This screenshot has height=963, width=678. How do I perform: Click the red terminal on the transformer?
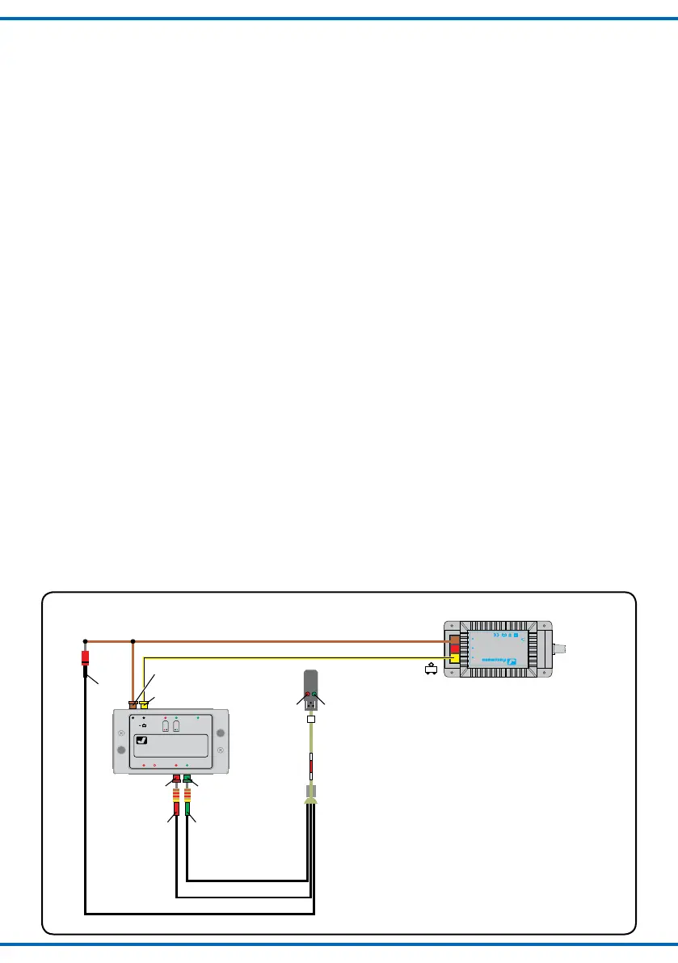[455, 649]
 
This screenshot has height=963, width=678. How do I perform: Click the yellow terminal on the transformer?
[455, 658]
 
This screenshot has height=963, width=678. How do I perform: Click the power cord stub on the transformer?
[566, 648]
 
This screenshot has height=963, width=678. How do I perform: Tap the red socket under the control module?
[176, 779]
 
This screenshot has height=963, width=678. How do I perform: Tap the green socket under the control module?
[187, 779]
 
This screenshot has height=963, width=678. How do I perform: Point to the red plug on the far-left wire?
[85, 658]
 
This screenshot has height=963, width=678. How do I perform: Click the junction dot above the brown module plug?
[133, 641]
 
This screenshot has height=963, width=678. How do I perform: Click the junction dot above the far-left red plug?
[85, 641]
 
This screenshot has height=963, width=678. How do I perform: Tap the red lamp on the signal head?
[307, 695]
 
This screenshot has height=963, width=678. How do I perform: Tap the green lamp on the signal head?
[314, 695]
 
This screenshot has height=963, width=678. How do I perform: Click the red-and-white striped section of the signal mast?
[310, 763]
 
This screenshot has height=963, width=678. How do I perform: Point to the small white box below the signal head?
[310, 716]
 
